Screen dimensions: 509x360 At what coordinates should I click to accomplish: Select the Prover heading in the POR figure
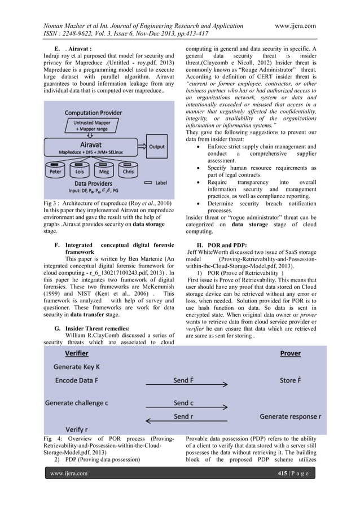click(x=290, y=353)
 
